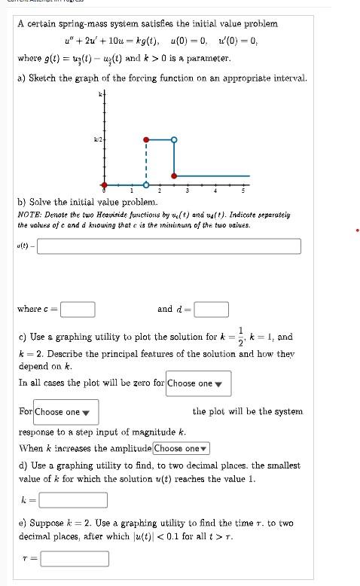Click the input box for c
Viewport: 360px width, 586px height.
[x=78, y=310]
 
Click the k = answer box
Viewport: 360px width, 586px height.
[x=73, y=500]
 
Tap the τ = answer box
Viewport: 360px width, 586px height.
[x=74, y=559]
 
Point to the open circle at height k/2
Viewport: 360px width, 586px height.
[x=174, y=139]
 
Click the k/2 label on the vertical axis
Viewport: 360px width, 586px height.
[x=97, y=140]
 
